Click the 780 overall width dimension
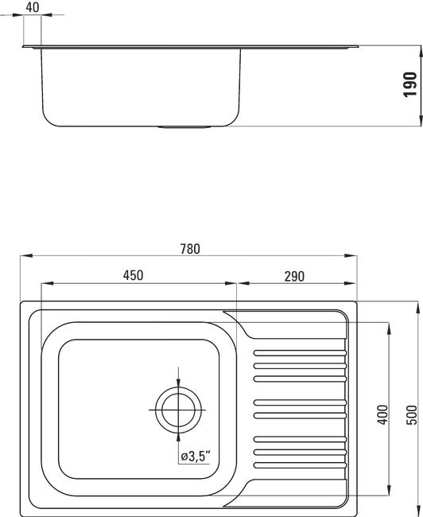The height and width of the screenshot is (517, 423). (190, 249)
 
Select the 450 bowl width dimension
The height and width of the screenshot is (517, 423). (134, 275)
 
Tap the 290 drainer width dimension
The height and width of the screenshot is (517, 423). (294, 276)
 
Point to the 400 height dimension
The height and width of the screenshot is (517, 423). (382, 414)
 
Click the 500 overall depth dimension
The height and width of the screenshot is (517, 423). (411, 414)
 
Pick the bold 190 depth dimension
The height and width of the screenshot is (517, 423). (409, 84)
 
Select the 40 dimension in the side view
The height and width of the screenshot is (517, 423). (33, 7)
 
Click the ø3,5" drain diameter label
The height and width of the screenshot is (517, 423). (196, 457)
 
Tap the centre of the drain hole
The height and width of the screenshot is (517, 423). (178, 410)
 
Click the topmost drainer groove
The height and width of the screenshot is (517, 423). (300, 353)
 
